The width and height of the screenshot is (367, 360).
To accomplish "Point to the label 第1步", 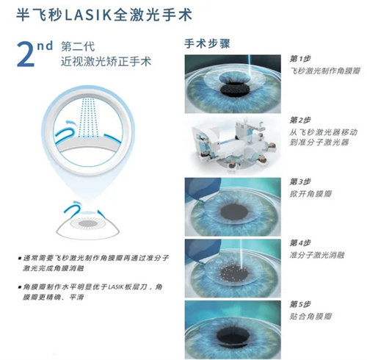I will pyautogui.click(x=302, y=58).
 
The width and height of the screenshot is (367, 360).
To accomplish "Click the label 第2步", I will pyautogui.click(x=302, y=120).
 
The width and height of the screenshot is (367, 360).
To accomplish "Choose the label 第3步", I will pyautogui.click(x=302, y=181).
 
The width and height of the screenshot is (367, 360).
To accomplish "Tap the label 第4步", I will pyautogui.click(x=302, y=242).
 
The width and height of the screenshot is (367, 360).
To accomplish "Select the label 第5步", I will pyautogui.click(x=302, y=303).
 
